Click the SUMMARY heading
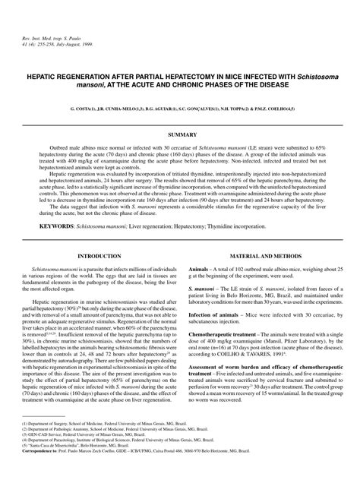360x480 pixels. point(180,134)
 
